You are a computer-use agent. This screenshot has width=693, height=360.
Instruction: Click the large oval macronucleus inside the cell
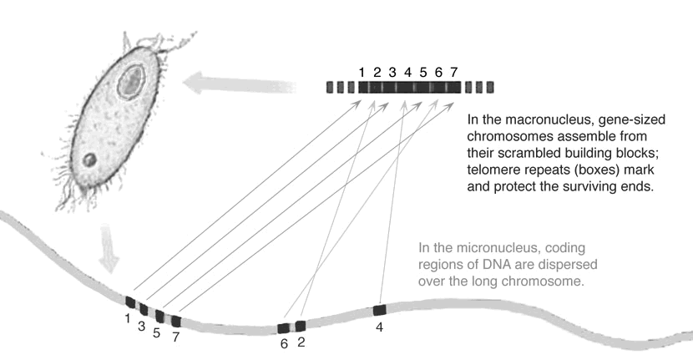131,80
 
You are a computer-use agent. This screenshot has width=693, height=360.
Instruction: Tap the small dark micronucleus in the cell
89,160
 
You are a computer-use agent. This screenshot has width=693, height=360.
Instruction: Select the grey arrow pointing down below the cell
109,249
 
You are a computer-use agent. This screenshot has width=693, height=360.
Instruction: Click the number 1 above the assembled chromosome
362,72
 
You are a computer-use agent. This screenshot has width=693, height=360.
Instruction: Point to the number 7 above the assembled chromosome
454,72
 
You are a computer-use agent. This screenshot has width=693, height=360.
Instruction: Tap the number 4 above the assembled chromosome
407,72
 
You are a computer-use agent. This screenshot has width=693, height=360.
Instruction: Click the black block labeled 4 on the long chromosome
380,310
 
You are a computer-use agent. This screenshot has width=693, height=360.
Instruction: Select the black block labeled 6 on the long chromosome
283,328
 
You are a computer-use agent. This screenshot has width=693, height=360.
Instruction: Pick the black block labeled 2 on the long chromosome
301,327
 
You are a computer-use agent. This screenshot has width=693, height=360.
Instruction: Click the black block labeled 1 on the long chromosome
130,302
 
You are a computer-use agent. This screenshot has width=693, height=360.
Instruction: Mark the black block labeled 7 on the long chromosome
176,321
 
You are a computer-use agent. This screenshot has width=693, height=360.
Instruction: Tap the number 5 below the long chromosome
156,332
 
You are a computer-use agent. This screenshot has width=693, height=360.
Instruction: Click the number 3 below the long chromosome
141,327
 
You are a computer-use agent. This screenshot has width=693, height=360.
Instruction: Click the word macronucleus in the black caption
546,119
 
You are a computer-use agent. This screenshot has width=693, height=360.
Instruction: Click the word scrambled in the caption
529,153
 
